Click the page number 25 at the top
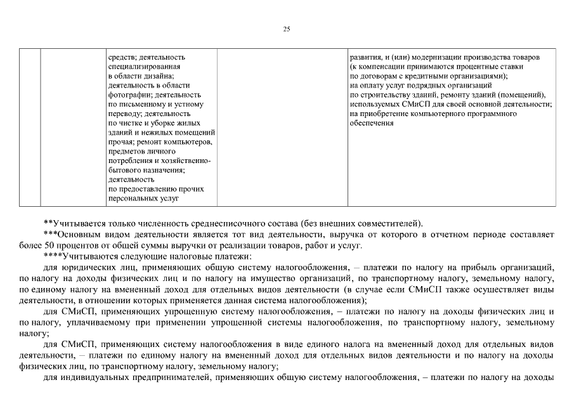click(287, 29)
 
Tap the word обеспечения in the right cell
click(372, 123)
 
